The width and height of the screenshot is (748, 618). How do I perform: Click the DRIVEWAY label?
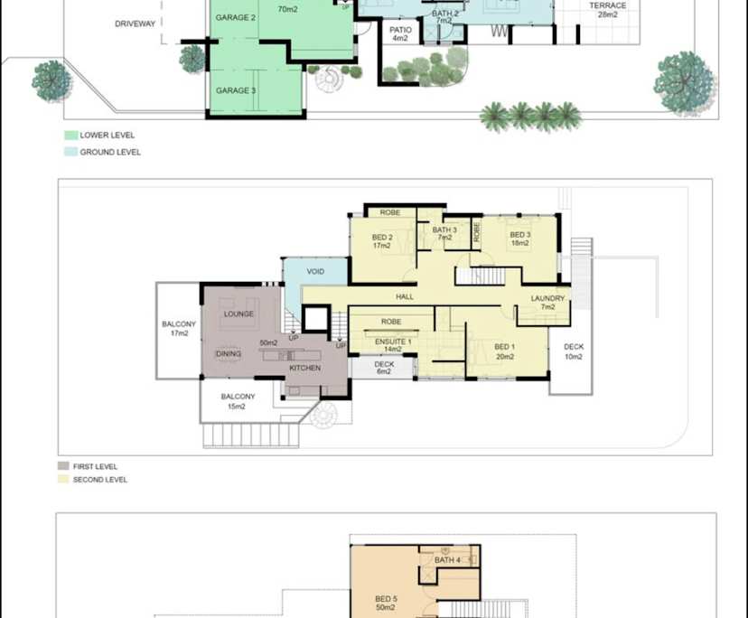pyautogui.click(x=136, y=23)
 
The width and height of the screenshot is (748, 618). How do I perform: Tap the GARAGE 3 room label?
pyautogui.click(x=235, y=90)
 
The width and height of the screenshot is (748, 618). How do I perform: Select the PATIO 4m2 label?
pyautogui.click(x=400, y=34)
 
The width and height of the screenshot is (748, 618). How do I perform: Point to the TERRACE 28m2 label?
pyautogui.click(x=607, y=11)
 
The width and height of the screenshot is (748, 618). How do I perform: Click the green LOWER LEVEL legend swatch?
pyautogui.click(x=70, y=136)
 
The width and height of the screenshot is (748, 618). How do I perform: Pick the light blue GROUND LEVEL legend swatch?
pyautogui.click(x=70, y=153)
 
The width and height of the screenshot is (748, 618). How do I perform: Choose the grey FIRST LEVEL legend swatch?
pyautogui.click(x=62, y=466)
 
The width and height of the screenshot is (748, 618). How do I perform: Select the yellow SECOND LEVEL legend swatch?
pyautogui.click(x=62, y=479)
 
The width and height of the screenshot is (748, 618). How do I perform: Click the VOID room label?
pyautogui.click(x=315, y=271)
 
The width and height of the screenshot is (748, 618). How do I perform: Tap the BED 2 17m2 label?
pyautogui.click(x=382, y=241)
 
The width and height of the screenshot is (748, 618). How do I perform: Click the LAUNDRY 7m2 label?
pyautogui.click(x=547, y=303)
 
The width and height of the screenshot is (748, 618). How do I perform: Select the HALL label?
pyautogui.click(x=404, y=296)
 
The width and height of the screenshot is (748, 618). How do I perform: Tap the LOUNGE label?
pyautogui.click(x=238, y=314)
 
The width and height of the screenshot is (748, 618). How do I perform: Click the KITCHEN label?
pyautogui.click(x=304, y=369)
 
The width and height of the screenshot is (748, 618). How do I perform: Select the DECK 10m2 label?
pyautogui.click(x=574, y=351)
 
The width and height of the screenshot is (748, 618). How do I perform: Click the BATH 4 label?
pyautogui.click(x=447, y=560)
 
